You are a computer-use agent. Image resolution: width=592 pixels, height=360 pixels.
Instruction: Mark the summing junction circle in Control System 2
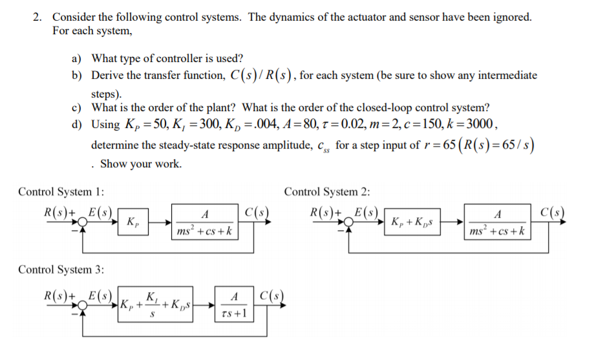click(349, 222)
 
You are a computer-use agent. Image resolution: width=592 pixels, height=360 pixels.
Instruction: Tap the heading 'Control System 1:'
click(61, 192)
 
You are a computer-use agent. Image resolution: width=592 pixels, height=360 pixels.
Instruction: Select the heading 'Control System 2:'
click(327, 192)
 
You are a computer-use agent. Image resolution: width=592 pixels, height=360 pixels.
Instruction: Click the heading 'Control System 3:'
click(61, 269)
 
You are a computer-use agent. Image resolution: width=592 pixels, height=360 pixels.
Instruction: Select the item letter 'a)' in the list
click(76, 59)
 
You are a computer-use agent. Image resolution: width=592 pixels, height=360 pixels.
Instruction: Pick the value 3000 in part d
click(483, 125)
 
